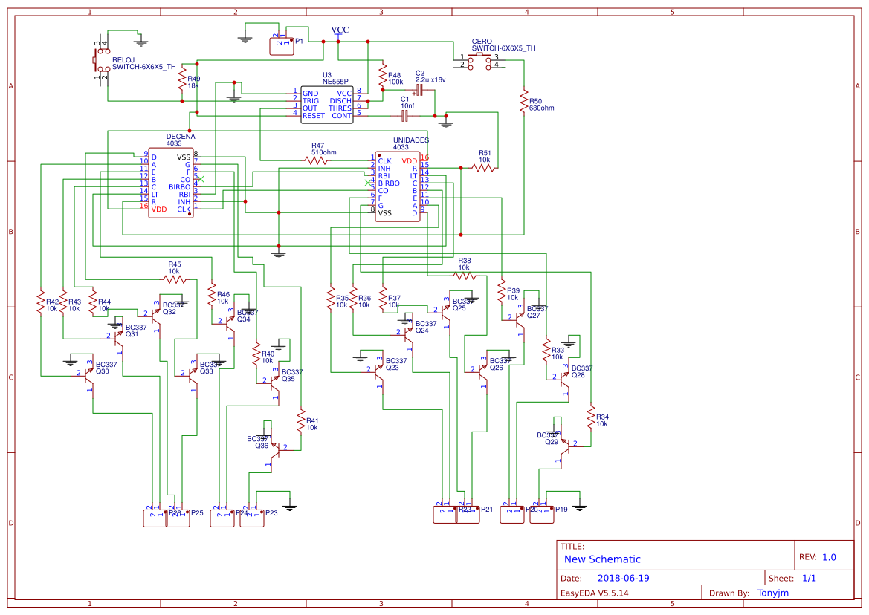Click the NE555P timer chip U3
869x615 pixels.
[327, 104]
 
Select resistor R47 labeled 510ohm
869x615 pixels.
[317, 160]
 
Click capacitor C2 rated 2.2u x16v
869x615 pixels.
[419, 90]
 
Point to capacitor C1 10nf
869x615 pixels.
[405, 115]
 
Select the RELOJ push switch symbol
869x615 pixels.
[98, 59]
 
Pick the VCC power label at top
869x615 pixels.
[339, 30]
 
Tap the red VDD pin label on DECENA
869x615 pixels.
[158, 210]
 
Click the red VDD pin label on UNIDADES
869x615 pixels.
[410, 160]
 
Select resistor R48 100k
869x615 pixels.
[383, 77]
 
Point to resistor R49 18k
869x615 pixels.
[182, 82]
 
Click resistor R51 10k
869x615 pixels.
[484, 168]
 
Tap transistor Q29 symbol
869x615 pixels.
[562, 444]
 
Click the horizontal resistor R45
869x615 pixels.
[175, 279]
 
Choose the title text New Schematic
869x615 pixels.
[602, 559]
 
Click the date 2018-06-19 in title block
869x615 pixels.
[623, 578]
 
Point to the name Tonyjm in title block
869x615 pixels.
[773, 593]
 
